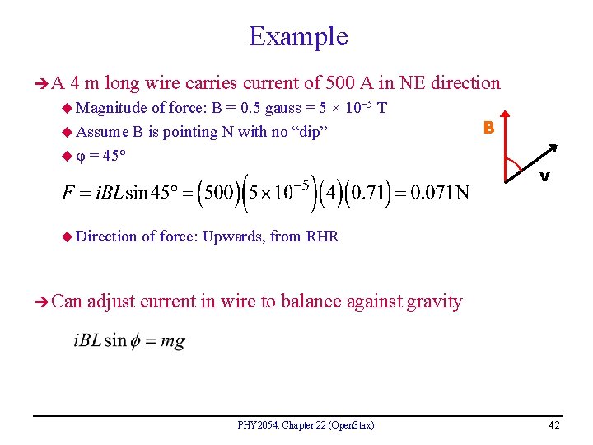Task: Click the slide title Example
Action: [x=298, y=36]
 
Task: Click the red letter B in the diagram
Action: [x=488, y=128]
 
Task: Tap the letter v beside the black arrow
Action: [x=544, y=177]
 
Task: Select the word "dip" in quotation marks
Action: [x=304, y=131]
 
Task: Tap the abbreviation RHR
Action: [x=322, y=237]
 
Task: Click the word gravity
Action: [x=435, y=301]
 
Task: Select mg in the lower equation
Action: [x=173, y=340]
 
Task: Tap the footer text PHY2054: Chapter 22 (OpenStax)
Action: [x=306, y=425]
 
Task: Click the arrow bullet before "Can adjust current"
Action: [x=40, y=302]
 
